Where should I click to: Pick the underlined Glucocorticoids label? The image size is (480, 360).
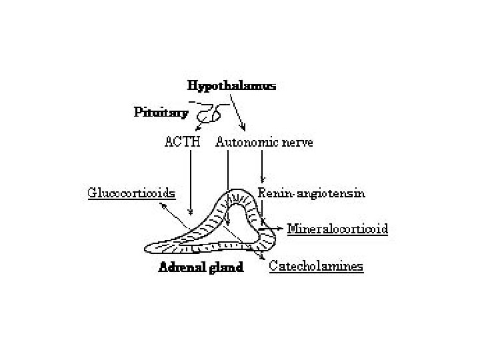[131, 193]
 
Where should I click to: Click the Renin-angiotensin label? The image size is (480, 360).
[311, 193]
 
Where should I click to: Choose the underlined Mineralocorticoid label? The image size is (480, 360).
[337, 229]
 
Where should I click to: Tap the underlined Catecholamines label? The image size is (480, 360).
[316, 266]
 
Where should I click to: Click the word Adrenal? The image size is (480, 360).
[178, 268]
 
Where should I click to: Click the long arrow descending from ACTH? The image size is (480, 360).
[191, 180]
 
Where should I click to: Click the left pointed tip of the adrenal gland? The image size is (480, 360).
[147, 248]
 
